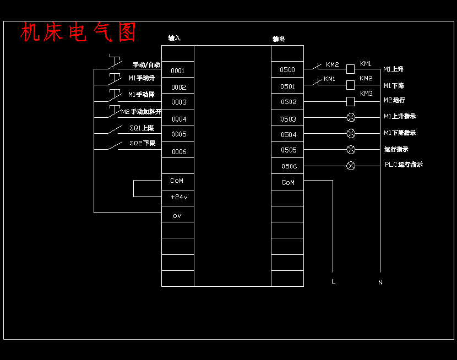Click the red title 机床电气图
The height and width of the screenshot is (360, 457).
[78, 32]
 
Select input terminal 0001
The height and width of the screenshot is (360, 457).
[177, 71]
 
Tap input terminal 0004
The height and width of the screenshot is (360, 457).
[178, 119]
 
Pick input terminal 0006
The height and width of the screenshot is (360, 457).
[178, 152]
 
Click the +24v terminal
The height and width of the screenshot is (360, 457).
[178, 197]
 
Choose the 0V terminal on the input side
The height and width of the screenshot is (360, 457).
[177, 216]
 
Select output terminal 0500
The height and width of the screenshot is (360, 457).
[287, 70]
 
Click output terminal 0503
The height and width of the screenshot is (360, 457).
[288, 119]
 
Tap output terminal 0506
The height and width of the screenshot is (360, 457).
[289, 166]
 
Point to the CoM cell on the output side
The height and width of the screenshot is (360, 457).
[288, 182]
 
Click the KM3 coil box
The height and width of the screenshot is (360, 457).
[350, 101]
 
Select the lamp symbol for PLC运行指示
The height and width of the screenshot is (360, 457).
[351, 166]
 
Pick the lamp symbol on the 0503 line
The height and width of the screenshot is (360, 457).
[351, 117]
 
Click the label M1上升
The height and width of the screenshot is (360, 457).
[394, 69]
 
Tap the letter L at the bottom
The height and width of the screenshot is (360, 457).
[333, 282]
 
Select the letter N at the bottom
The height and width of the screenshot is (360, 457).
[380, 282]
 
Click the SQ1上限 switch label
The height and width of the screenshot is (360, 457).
[142, 128]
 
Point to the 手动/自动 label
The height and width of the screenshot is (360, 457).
[146, 64]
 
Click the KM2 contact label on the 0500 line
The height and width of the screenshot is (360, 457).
[332, 64]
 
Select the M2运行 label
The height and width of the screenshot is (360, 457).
[394, 100]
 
